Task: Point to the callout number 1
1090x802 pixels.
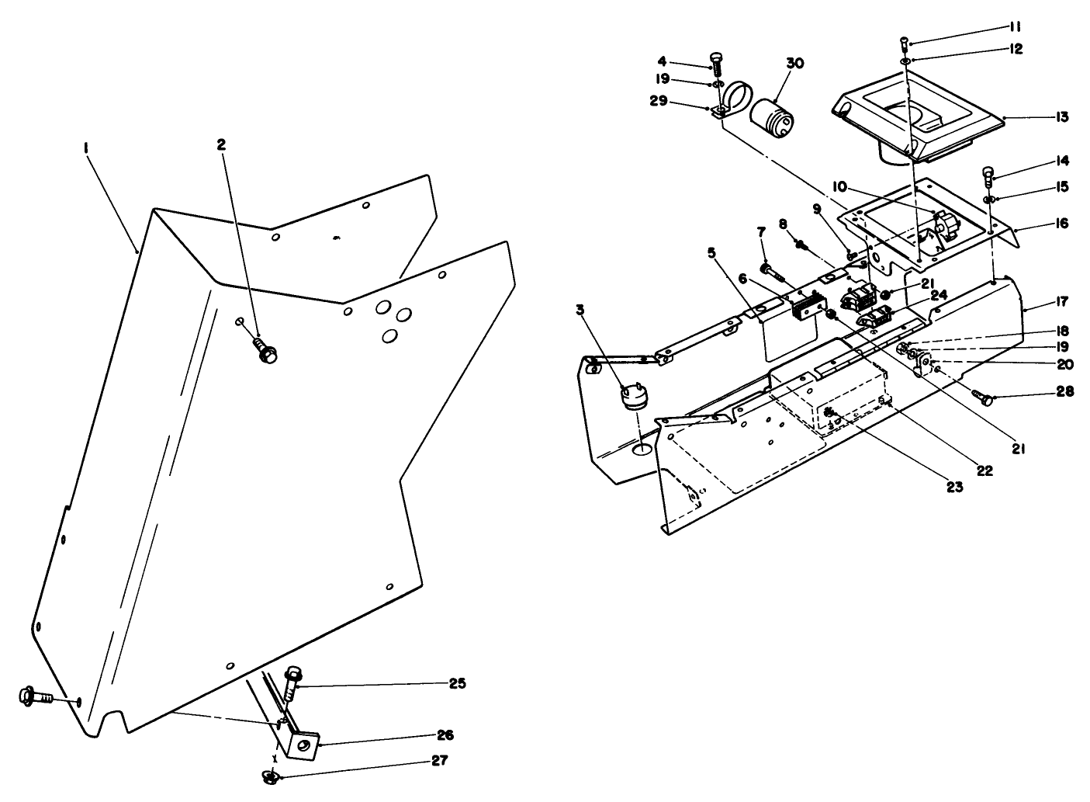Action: click(x=88, y=146)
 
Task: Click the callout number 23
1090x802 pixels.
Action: click(x=953, y=487)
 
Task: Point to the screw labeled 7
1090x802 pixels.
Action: click(x=770, y=271)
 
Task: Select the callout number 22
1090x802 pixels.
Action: click(x=984, y=470)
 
